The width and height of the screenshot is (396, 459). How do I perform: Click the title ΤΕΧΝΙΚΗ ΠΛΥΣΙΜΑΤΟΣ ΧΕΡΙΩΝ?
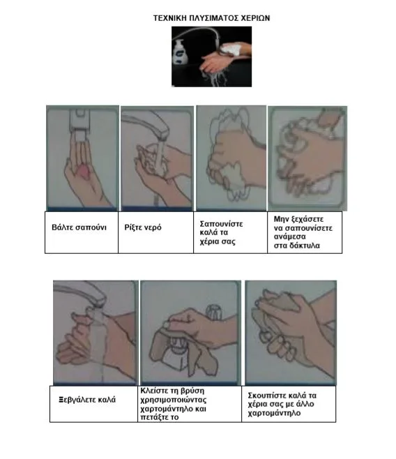(x=211, y=18)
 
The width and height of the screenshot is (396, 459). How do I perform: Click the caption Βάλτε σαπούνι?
(x=79, y=227)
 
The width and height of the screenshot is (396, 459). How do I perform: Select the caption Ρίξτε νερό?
(x=143, y=227)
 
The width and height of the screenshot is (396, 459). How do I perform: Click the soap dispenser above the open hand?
(x=80, y=124)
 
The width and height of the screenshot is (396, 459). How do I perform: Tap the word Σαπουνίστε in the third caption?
(x=221, y=224)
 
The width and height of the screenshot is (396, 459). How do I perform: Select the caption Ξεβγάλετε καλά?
(x=87, y=400)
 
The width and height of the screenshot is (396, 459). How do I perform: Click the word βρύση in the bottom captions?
(x=192, y=391)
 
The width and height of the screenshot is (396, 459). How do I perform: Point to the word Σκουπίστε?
(x=267, y=396)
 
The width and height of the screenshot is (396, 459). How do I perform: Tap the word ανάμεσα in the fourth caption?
(x=290, y=236)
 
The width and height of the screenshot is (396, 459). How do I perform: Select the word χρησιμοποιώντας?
(x=174, y=400)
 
